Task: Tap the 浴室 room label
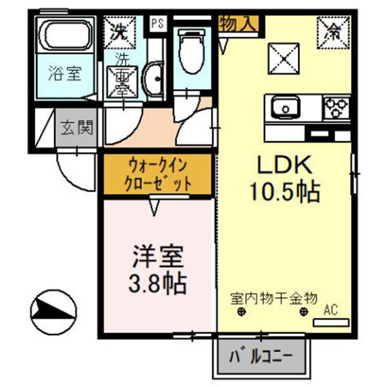[64, 74]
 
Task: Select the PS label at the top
[157, 24]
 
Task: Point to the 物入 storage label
[240, 24]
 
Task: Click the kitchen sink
[284, 107]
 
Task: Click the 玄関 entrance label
[77, 128]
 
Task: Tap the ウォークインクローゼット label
[158, 174]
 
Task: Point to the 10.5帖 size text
[286, 192]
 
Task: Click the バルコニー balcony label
[262, 356]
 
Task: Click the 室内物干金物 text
[273, 299]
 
